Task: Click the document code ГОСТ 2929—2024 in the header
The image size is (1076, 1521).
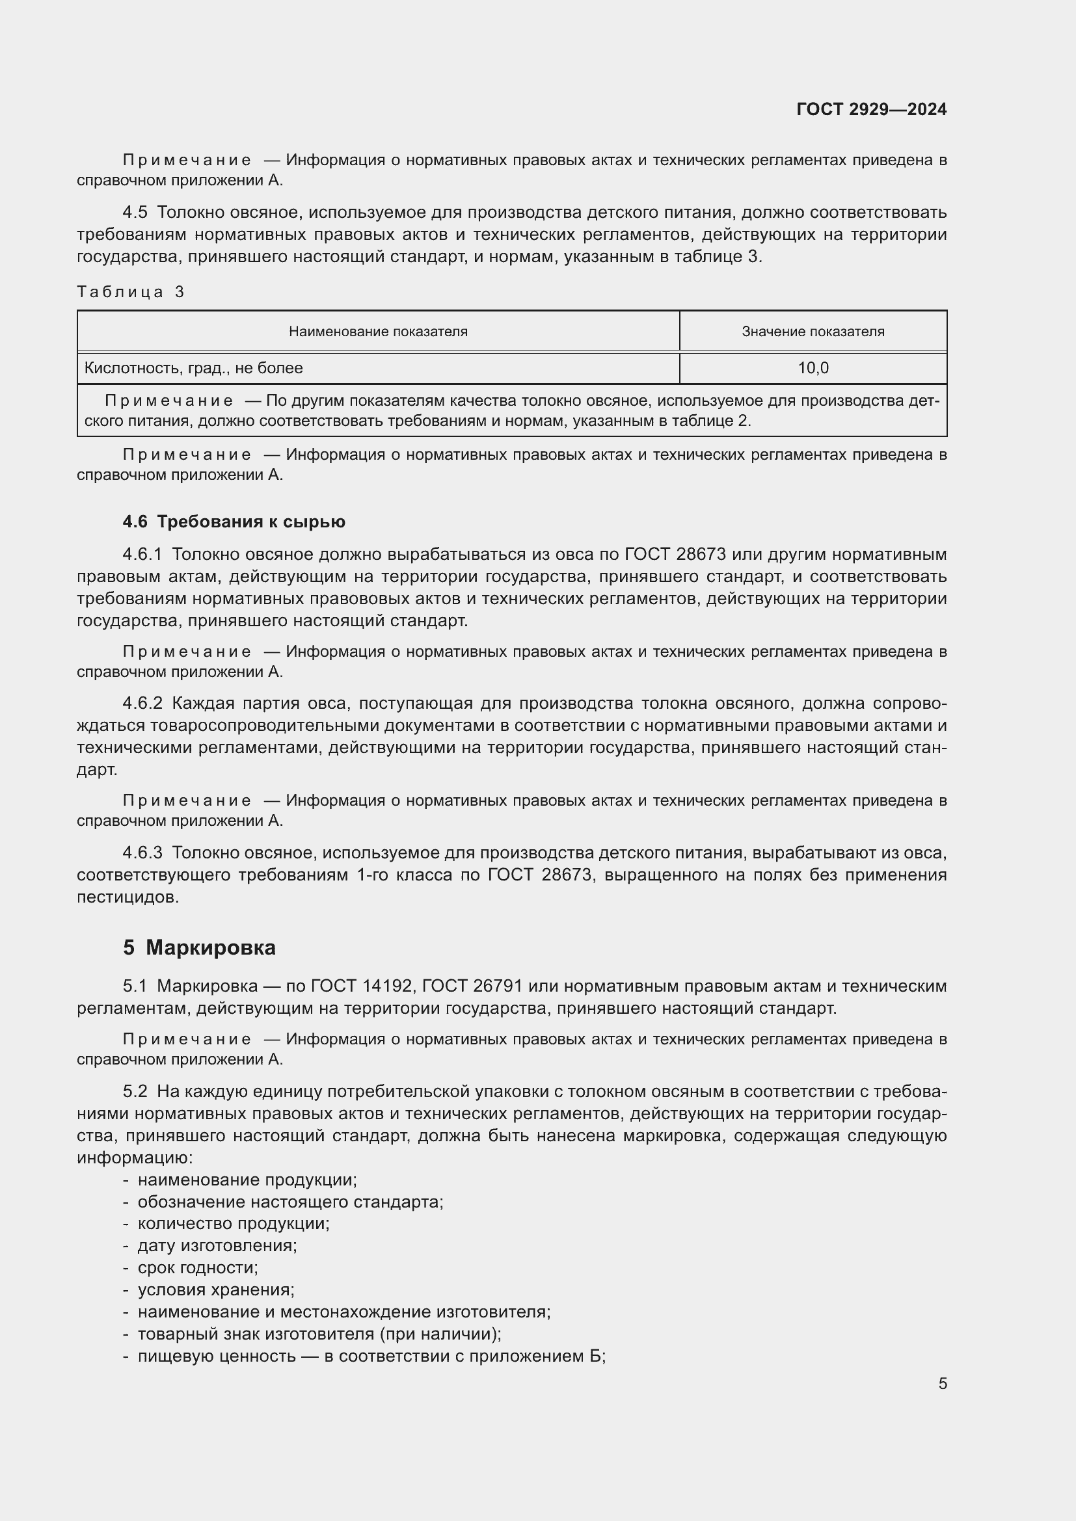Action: (871, 109)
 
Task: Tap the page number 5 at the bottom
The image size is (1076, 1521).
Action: (942, 1383)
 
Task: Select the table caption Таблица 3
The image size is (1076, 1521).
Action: (131, 292)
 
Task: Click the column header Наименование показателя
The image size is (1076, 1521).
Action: (378, 331)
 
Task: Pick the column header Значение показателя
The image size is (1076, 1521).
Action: (813, 331)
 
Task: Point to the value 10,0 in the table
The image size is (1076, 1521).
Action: (813, 367)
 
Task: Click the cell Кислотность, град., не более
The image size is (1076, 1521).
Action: (193, 367)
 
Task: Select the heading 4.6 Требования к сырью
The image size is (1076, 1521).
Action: (234, 522)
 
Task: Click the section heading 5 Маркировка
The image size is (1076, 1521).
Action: (199, 947)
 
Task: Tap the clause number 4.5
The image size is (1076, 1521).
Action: (135, 213)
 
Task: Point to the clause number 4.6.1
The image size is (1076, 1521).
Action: (142, 555)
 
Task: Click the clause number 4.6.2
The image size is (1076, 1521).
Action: (142, 703)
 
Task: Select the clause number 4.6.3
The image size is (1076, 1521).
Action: (142, 853)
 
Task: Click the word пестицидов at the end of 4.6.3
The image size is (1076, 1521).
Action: (128, 897)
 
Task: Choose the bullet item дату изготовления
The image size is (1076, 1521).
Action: (217, 1245)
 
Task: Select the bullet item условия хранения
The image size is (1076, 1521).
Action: (215, 1290)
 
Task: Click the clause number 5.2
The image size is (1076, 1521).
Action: (135, 1091)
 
